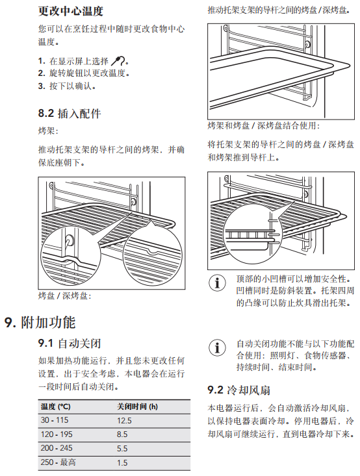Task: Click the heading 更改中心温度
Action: pos(70,11)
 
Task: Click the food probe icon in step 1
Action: pos(118,61)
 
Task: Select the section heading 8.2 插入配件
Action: pos(70,114)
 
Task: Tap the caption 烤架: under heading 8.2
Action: pos(47,131)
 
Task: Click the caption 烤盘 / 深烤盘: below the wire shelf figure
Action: pos(64,295)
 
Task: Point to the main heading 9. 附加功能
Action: pos(40,322)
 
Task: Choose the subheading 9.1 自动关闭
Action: pos(70,344)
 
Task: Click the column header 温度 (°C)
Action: pos(56,406)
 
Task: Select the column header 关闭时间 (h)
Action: pos(137,406)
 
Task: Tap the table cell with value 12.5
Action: pos(124,420)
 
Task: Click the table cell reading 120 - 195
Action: pos(57,434)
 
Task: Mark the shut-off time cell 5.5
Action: pos(122,448)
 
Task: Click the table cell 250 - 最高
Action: pos(58,462)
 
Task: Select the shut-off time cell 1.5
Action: pos(122,462)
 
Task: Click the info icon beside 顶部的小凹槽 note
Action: pos(217,282)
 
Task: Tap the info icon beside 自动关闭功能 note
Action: pos(217,347)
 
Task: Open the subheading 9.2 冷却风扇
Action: pos(238,390)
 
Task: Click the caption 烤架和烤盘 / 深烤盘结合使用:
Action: pos(264,125)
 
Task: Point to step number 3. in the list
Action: pos(42,86)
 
